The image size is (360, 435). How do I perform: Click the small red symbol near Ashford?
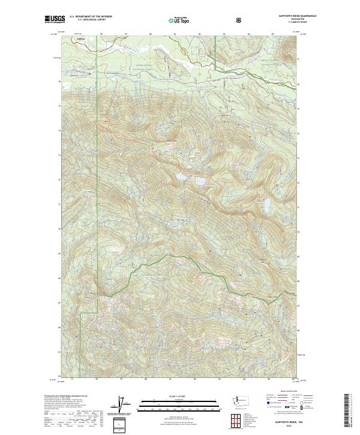[89, 73]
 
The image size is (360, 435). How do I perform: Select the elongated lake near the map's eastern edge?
[266, 207]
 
